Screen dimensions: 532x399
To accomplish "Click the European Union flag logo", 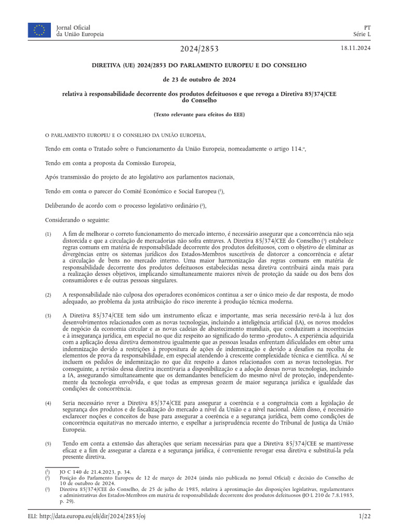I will pos(39,30).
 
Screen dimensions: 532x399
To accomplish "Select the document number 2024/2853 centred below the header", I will pos(199,49).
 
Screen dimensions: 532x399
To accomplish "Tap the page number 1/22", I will pos(364,516).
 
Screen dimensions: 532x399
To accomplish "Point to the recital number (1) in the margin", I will pos(48,235).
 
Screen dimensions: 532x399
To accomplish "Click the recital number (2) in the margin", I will pos(48,295).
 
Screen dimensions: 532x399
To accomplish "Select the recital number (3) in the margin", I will pos(48,316).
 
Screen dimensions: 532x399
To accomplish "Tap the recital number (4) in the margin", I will pos(48,403).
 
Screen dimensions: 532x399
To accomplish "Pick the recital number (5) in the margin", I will pos(48,444).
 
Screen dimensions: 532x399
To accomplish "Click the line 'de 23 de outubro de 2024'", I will pos(199,79).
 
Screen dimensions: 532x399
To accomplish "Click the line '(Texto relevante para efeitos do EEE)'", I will pos(199,114).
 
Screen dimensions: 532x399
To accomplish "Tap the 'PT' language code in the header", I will pos(367,27).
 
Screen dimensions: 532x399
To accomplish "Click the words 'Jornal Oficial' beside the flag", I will pos(73,27).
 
